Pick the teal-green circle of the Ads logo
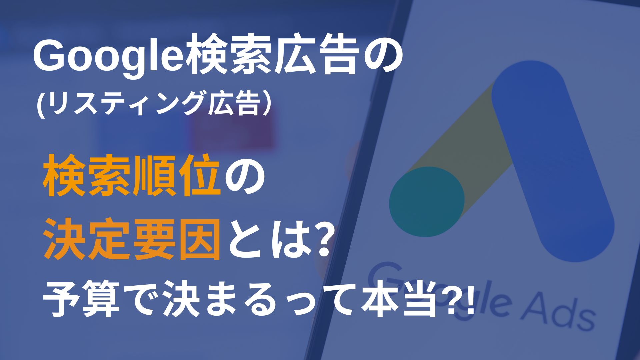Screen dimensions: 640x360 (427, 202)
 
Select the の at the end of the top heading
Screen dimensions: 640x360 (380, 58)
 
